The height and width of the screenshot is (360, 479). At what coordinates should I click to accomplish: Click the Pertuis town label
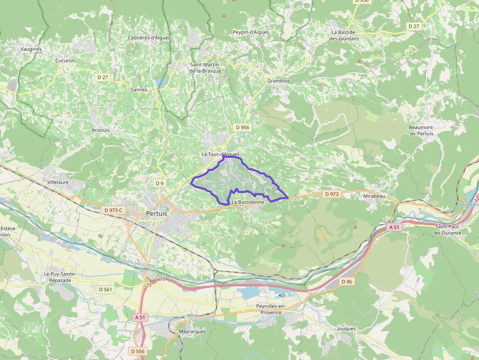tap(156, 213)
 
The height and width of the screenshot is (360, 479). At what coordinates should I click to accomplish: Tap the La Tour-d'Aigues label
tap(220, 154)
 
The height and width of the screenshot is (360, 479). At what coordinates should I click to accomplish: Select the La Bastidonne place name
tap(248, 202)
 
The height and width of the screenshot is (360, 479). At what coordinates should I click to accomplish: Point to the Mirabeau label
tap(374, 196)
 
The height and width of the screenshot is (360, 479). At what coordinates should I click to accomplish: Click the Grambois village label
tap(279, 81)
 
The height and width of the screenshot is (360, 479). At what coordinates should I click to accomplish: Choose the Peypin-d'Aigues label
tap(251, 32)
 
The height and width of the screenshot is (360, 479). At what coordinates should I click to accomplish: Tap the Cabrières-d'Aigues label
tap(149, 38)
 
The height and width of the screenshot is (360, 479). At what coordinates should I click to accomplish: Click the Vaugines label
tap(31, 49)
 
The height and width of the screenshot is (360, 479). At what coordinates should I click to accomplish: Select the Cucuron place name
tap(65, 61)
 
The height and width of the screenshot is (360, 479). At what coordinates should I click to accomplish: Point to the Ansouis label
tap(101, 130)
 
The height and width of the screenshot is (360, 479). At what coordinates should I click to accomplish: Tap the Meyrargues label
tap(193, 331)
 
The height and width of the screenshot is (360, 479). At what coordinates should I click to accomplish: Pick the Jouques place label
tap(347, 329)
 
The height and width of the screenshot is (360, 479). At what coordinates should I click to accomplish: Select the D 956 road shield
tap(242, 127)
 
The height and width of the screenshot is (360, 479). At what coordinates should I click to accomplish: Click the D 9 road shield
tap(159, 183)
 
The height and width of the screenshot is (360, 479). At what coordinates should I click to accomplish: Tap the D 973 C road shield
tap(113, 210)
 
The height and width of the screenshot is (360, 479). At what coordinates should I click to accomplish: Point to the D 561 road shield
tap(105, 290)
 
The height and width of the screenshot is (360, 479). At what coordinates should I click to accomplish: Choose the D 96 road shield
tap(347, 281)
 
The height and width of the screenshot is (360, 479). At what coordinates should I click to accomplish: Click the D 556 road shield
tap(138, 351)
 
